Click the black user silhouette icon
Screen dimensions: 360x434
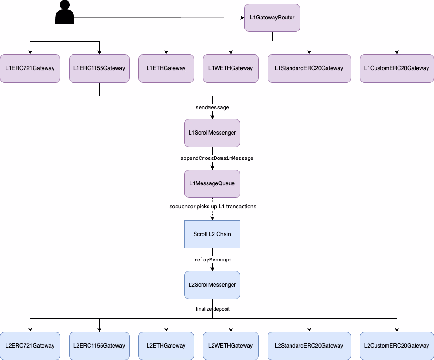tap(65, 12)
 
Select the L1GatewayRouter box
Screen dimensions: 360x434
tap(272, 18)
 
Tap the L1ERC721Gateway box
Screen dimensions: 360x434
tap(30, 68)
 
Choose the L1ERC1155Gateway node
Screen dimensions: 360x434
tap(99, 68)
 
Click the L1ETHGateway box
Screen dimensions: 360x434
tap(166, 68)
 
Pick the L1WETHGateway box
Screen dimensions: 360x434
tap(231, 68)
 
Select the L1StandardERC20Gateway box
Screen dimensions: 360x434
tap(309, 68)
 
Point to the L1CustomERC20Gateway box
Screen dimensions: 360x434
tap(397, 68)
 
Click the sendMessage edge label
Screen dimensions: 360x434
tap(212, 107)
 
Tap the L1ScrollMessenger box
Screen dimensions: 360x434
tap(212, 133)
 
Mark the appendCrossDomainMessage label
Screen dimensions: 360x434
tap(217, 158)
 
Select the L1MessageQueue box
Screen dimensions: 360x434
tap(212, 183)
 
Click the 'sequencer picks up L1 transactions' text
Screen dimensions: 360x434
tap(213, 207)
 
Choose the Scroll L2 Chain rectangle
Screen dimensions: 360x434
tap(212, 234)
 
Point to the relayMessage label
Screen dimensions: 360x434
tap(212, 260)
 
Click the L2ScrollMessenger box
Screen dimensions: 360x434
tap(212, 285)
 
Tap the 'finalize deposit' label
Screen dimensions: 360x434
tap(212, 309)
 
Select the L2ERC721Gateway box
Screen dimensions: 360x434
tap(30, 346)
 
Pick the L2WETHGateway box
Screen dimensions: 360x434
tap(231, 346)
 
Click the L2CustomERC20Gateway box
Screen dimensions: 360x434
tap(397, 346)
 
